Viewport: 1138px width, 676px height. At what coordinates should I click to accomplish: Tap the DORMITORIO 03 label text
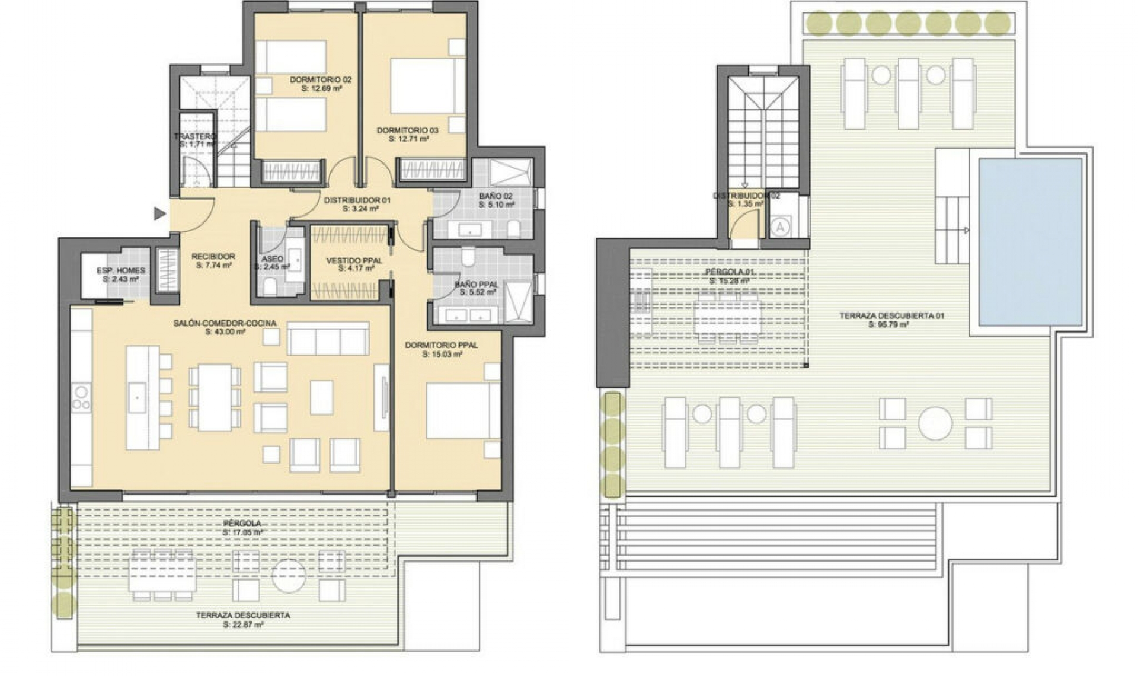coord(408,130)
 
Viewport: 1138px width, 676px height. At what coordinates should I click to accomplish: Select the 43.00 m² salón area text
coord(225,333)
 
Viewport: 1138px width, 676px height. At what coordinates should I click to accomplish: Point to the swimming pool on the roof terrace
coord(1030,241)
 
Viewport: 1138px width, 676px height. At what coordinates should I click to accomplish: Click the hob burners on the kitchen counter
coord(81,398)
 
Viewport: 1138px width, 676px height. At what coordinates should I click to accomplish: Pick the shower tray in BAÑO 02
coord(510,173)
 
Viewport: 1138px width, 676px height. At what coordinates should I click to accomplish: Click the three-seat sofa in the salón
coord(328,339)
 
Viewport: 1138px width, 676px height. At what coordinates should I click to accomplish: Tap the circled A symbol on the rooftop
coord(780,227)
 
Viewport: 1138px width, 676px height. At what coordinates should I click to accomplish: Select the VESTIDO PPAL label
coord(354,260)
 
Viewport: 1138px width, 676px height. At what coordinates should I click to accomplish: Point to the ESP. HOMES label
coord(121,270)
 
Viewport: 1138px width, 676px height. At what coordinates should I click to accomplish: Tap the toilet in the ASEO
coord(270,288)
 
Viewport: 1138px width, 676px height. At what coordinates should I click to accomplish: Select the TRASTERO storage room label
coord(195,137)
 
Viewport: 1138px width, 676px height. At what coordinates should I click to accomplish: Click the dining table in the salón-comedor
coord(215,397)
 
